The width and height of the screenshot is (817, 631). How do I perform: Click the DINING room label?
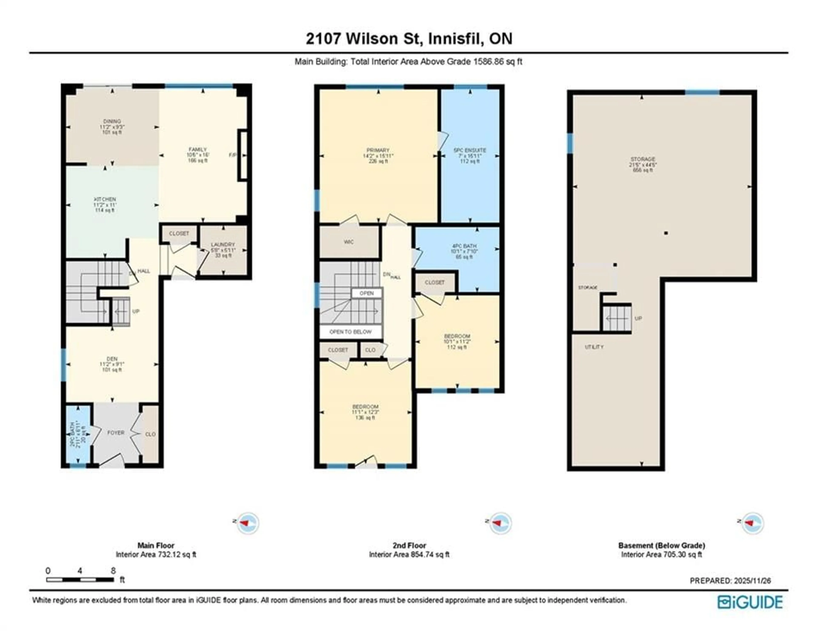pyautogui.click(x=112, y=122)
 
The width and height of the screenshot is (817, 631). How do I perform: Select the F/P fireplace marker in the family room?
pyautogui.click(x=233, y=155)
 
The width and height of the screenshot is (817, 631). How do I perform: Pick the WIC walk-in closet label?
pyautogui.click(x=349, y=242)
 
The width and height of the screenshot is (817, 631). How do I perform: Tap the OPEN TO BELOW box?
pyautogui.click(x=350, y=332)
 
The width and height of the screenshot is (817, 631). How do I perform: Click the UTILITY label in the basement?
pyautogui.click(x=594, y=347)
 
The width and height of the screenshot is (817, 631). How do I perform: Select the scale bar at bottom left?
pyautogui.click(x=80, y=580)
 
